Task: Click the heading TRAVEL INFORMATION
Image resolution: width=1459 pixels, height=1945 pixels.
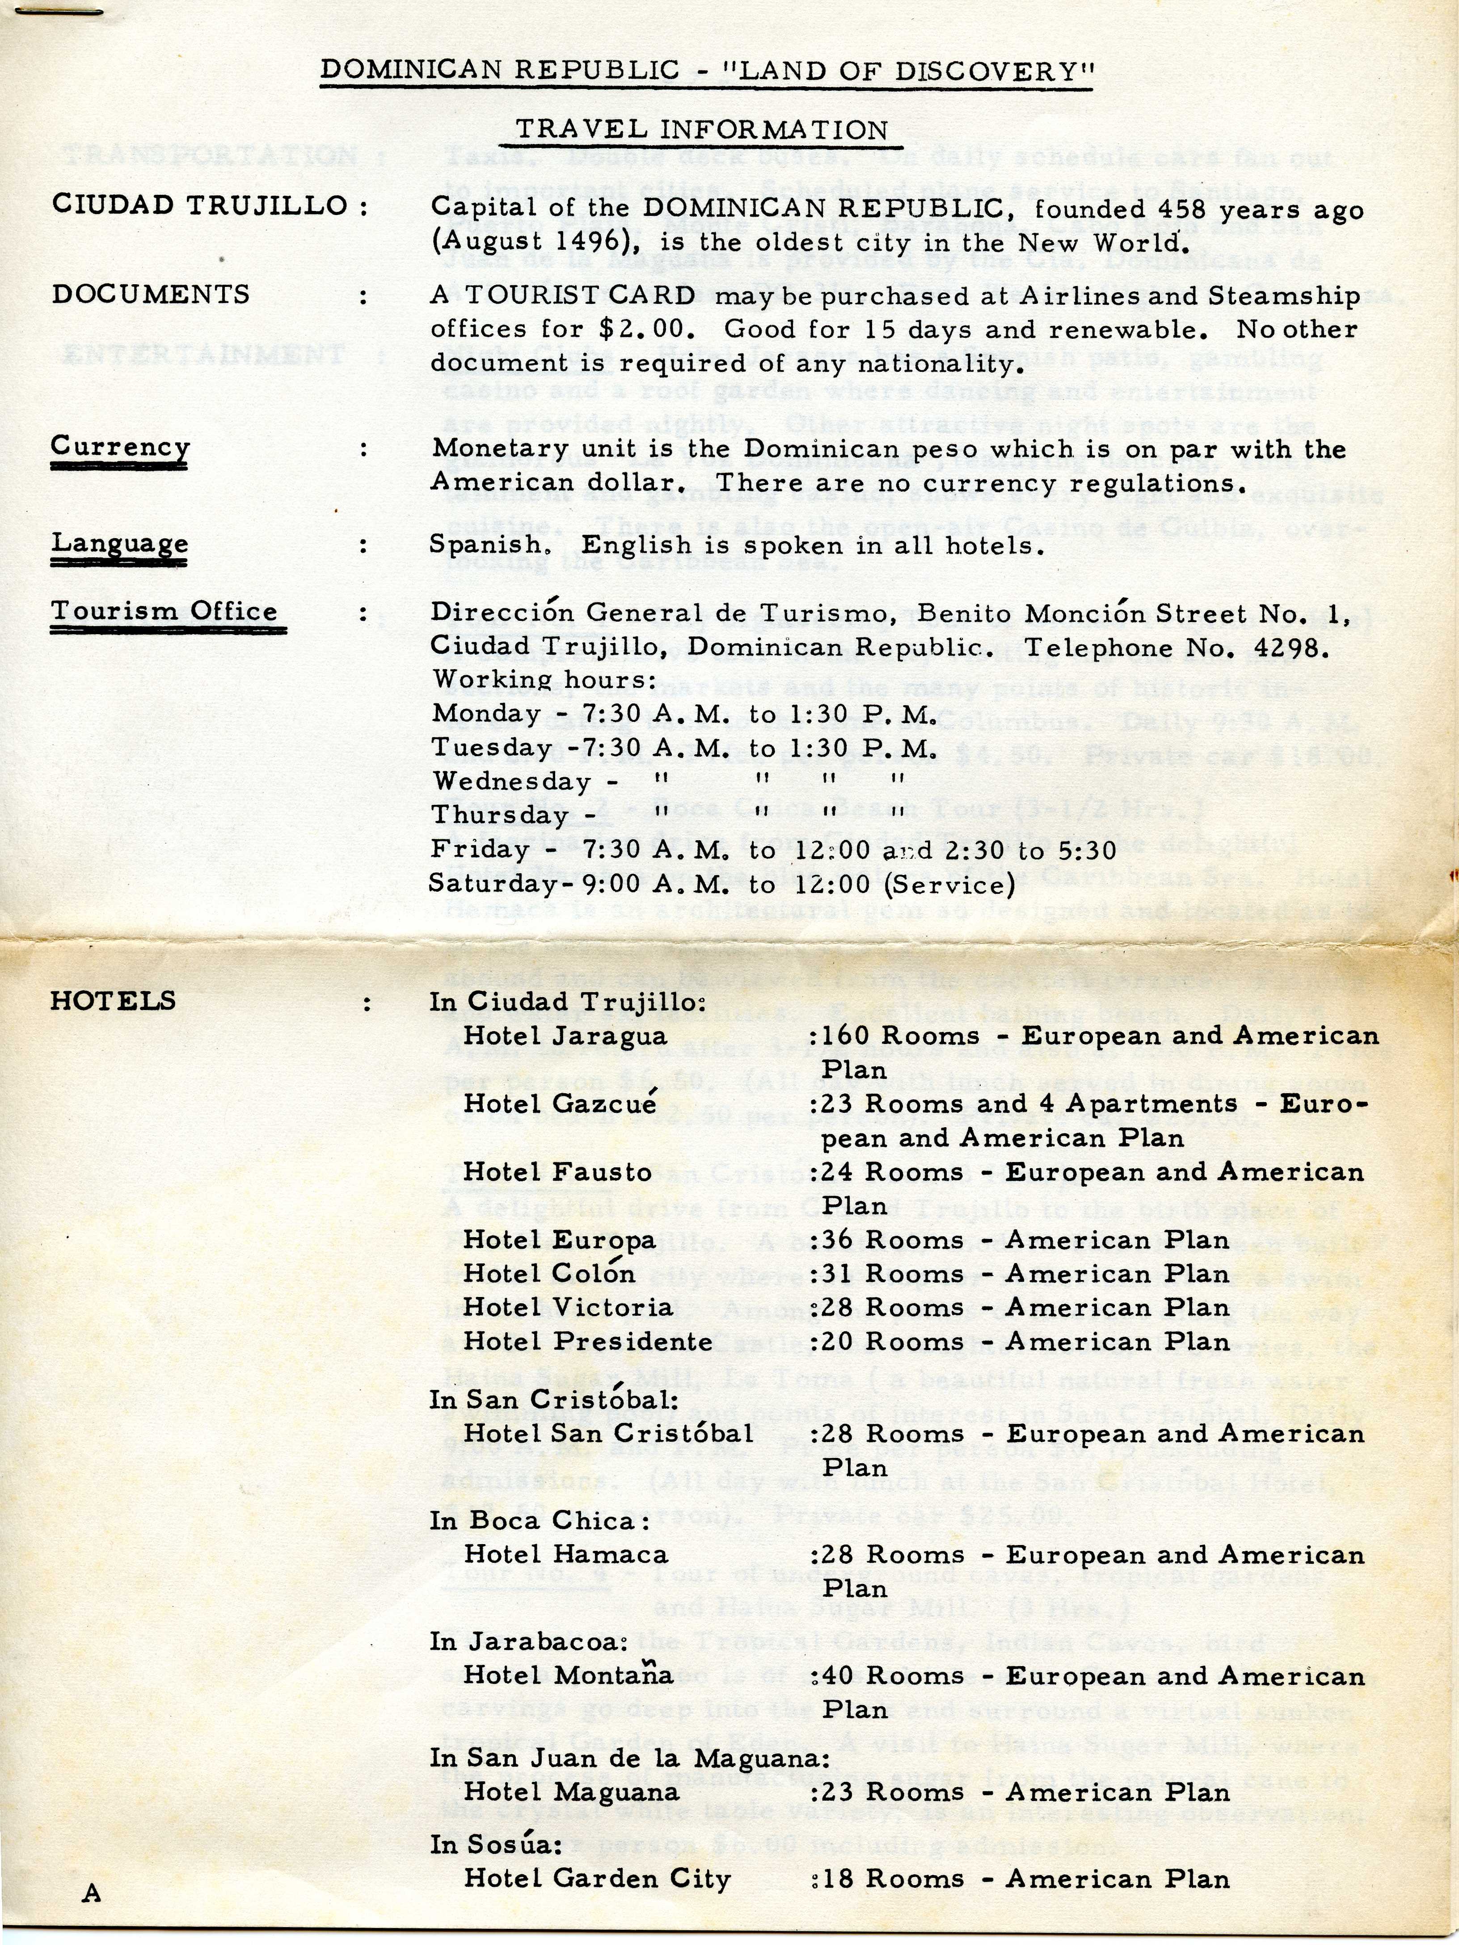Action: point(701,130)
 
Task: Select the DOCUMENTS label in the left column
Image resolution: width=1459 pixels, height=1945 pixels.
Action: point(150,295)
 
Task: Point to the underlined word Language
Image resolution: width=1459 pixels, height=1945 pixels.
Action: point(120,543)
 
